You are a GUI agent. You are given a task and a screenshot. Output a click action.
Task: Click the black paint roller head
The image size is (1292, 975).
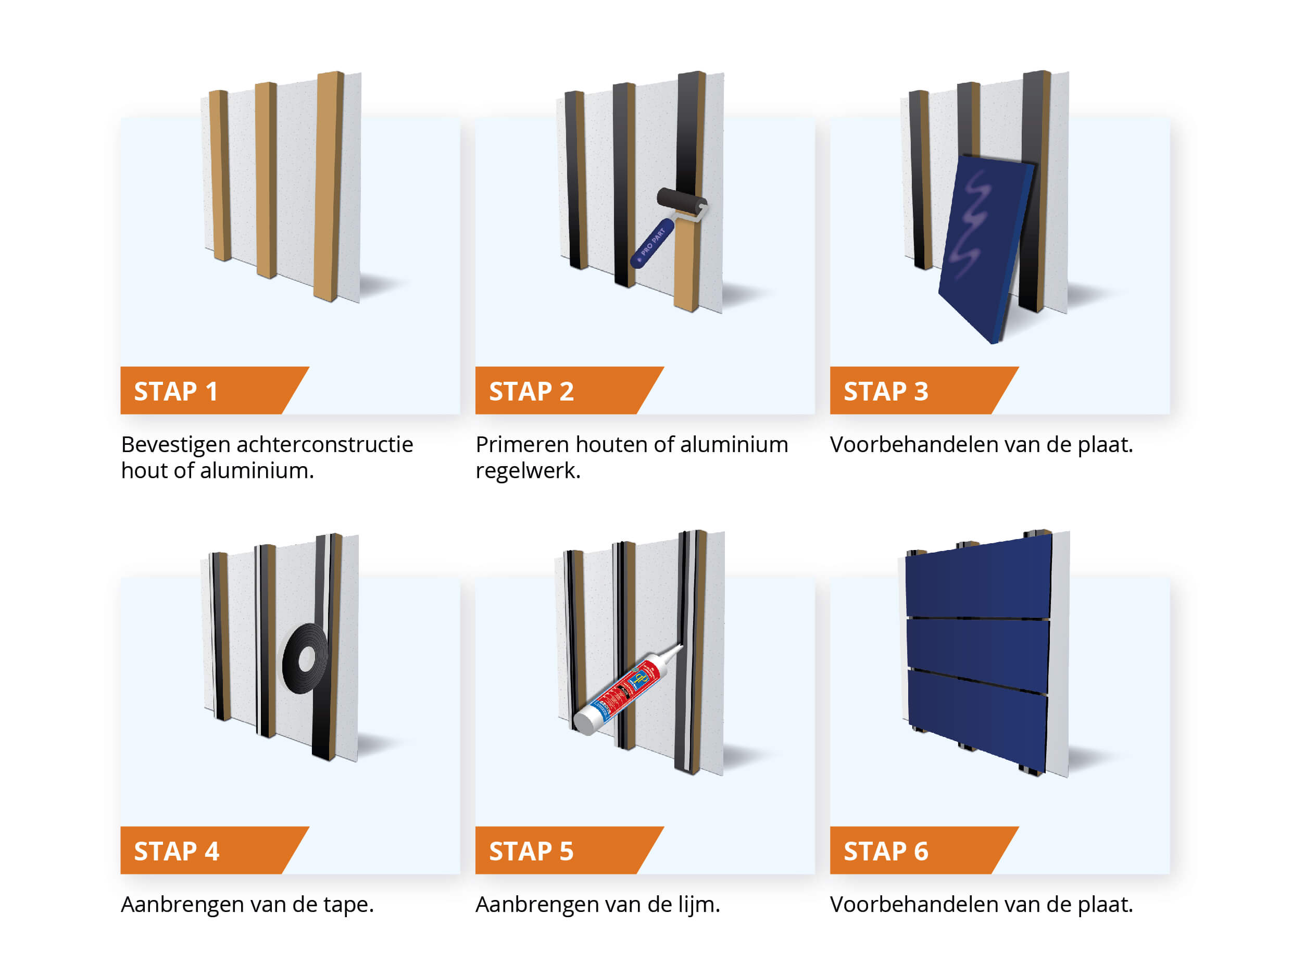(x=681, y=201)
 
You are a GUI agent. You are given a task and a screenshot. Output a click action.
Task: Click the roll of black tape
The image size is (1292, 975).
(x=304, y=659)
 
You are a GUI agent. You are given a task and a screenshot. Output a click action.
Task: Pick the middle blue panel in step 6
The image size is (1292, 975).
(x=977, y=654)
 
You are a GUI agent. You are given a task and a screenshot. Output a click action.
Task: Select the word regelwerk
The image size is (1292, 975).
(x=527, y=471)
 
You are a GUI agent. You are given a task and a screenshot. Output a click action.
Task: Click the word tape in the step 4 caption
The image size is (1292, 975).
(x=348, y=905)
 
